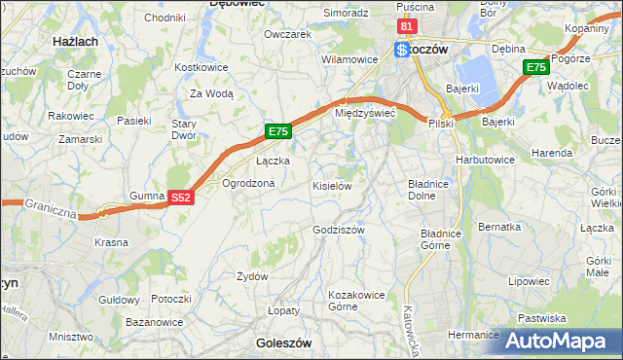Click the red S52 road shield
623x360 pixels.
(180, 197)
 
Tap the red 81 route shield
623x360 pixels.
(407, 27)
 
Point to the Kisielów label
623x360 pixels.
(331, 185)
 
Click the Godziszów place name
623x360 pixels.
(338, 230)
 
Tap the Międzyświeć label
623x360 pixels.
(364, 113)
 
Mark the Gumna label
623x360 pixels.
(146, 196)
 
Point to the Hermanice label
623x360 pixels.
(473, 335)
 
